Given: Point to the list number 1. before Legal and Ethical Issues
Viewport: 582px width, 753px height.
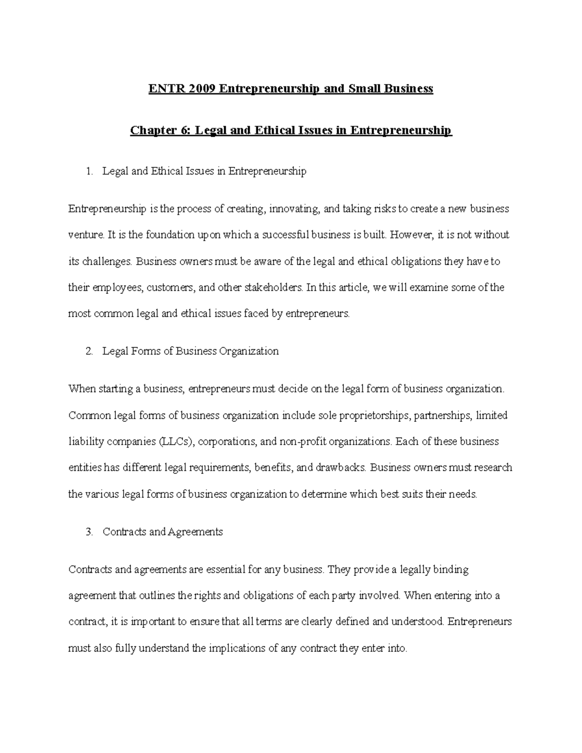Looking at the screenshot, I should pyautogui.click(x=88, y=171).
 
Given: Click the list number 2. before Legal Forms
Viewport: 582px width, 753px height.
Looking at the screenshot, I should pyautogui.click(x=88, y=351).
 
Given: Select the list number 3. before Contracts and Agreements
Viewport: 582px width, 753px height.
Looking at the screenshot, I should pyautogui.click(x=88, y=531).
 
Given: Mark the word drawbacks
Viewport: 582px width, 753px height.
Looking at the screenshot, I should pyautogui.click(x=341, y=468).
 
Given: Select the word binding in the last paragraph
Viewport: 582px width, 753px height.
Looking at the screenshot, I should pyautogui.click(x=450, y=569).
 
